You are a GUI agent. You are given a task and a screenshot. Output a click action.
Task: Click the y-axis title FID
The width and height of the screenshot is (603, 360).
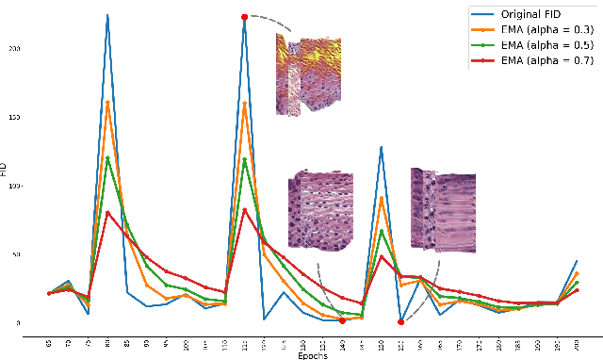6,170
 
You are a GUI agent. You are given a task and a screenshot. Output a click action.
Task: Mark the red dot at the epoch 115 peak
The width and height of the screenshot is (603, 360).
244,17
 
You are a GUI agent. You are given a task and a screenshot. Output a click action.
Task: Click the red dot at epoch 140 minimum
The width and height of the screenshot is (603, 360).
342,320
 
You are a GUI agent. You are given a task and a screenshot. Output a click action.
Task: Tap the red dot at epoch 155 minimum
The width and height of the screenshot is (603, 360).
400,322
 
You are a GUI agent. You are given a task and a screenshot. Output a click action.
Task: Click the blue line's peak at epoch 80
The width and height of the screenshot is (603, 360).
107,15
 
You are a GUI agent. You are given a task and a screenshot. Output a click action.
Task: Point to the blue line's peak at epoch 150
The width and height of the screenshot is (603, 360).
381,147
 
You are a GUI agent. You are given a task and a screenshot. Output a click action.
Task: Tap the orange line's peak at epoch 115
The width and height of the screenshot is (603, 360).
244,103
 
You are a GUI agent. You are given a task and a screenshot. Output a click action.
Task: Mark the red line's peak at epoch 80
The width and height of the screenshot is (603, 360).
107,212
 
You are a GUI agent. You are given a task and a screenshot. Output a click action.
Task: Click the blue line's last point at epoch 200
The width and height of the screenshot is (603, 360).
577,261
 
